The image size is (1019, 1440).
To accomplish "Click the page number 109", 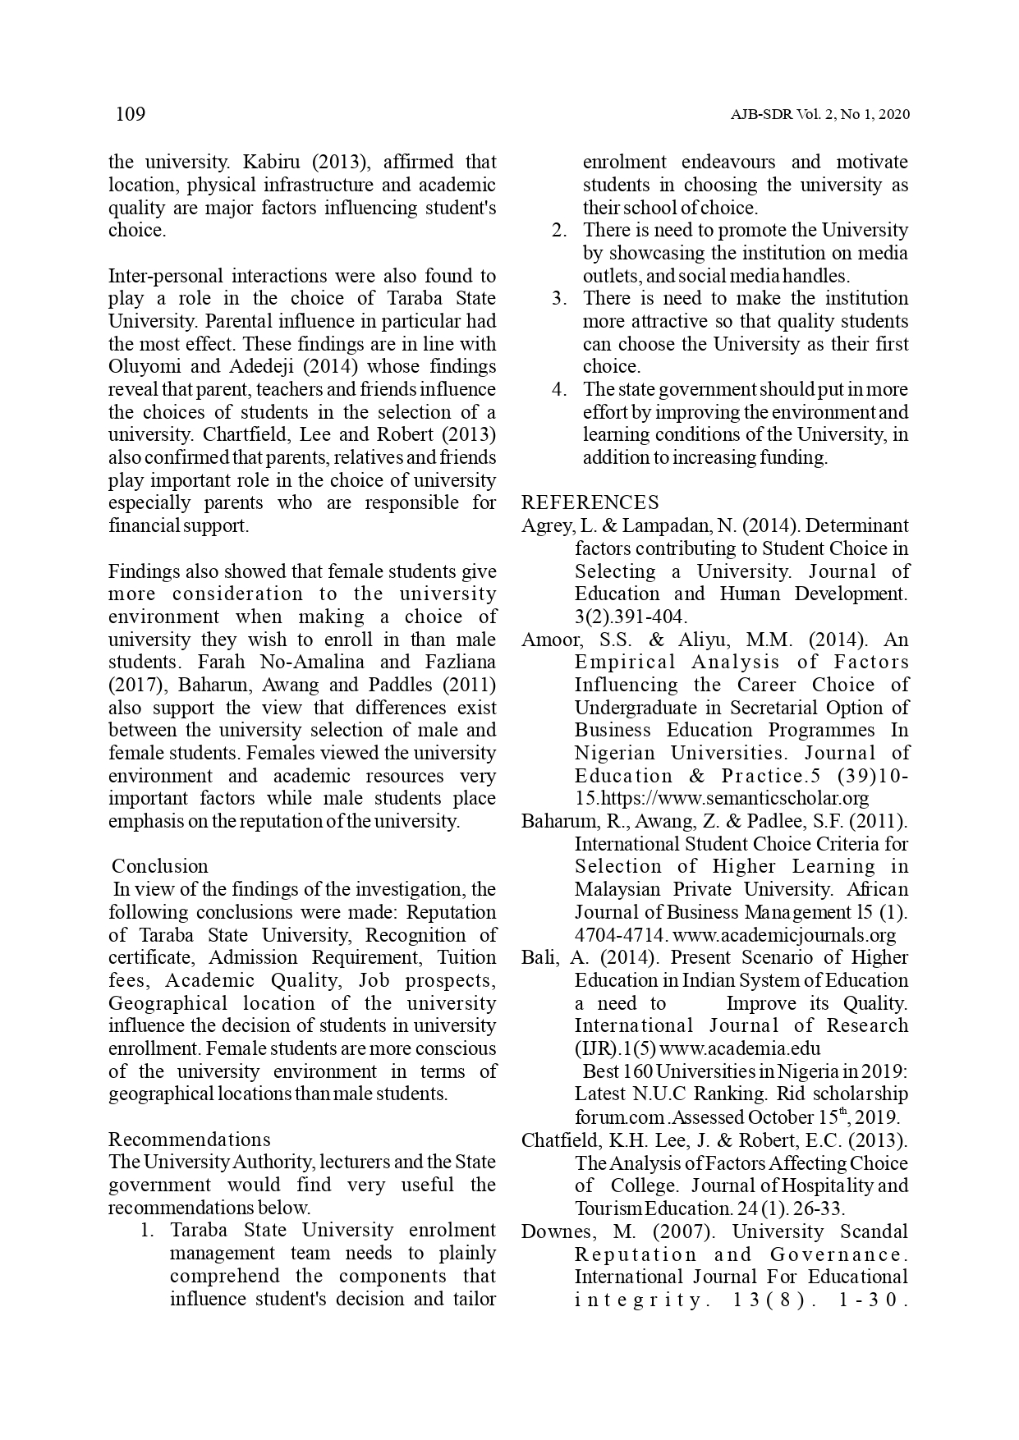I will (131, 114).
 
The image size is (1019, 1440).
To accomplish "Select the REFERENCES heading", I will (590, 502).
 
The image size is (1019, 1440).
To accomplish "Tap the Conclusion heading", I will (160, 866).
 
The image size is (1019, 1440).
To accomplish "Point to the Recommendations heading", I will (189, 1140).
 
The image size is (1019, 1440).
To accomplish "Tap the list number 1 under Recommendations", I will (147, 1231).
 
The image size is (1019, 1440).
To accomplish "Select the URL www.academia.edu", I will (740, 1048).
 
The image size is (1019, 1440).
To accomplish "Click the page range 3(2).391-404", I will (630, 617).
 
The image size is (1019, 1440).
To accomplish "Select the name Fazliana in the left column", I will (461, 662).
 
